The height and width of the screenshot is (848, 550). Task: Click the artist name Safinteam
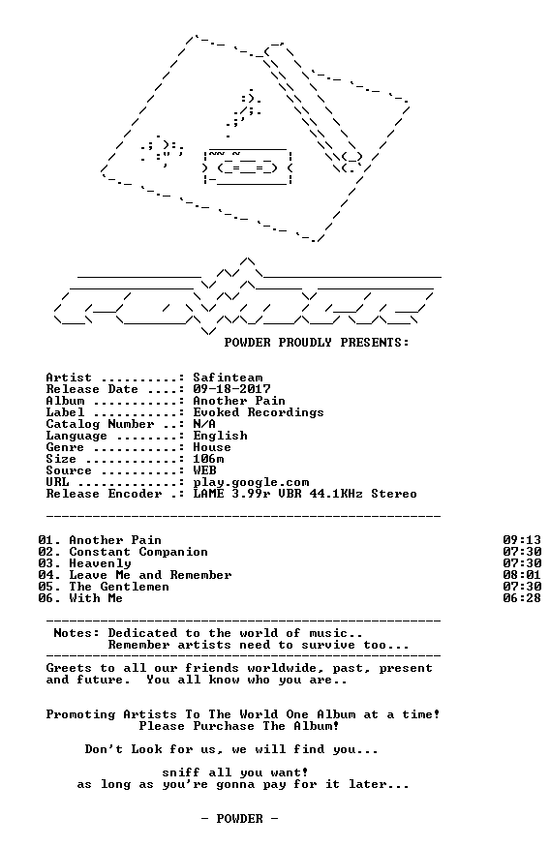click(228, 378)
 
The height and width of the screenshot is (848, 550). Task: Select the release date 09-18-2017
click(231, 389)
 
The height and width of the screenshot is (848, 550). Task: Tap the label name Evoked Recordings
click(259, 412)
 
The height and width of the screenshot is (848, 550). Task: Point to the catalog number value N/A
click(204, 424)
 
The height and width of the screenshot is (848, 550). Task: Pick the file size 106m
click(208, 459)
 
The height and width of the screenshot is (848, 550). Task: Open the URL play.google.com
click(251, 482)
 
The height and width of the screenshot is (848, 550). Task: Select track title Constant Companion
click(138, 552)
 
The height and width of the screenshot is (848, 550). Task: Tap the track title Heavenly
click(100, 563)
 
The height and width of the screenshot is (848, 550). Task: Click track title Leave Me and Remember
click(150, 575)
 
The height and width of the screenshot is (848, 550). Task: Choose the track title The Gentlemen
click(119, 587)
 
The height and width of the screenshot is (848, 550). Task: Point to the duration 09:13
click(522, 540)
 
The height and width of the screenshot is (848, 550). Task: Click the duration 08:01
click(522, 575)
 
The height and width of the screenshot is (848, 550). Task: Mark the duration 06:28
click(522, 598)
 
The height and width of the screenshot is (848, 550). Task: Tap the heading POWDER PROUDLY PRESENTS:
click(317, 343)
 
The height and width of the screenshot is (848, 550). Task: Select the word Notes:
click(76, 633)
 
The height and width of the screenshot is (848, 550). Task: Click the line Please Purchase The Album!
click(239, 726)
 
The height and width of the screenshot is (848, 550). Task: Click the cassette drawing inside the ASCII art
click(247, 167)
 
